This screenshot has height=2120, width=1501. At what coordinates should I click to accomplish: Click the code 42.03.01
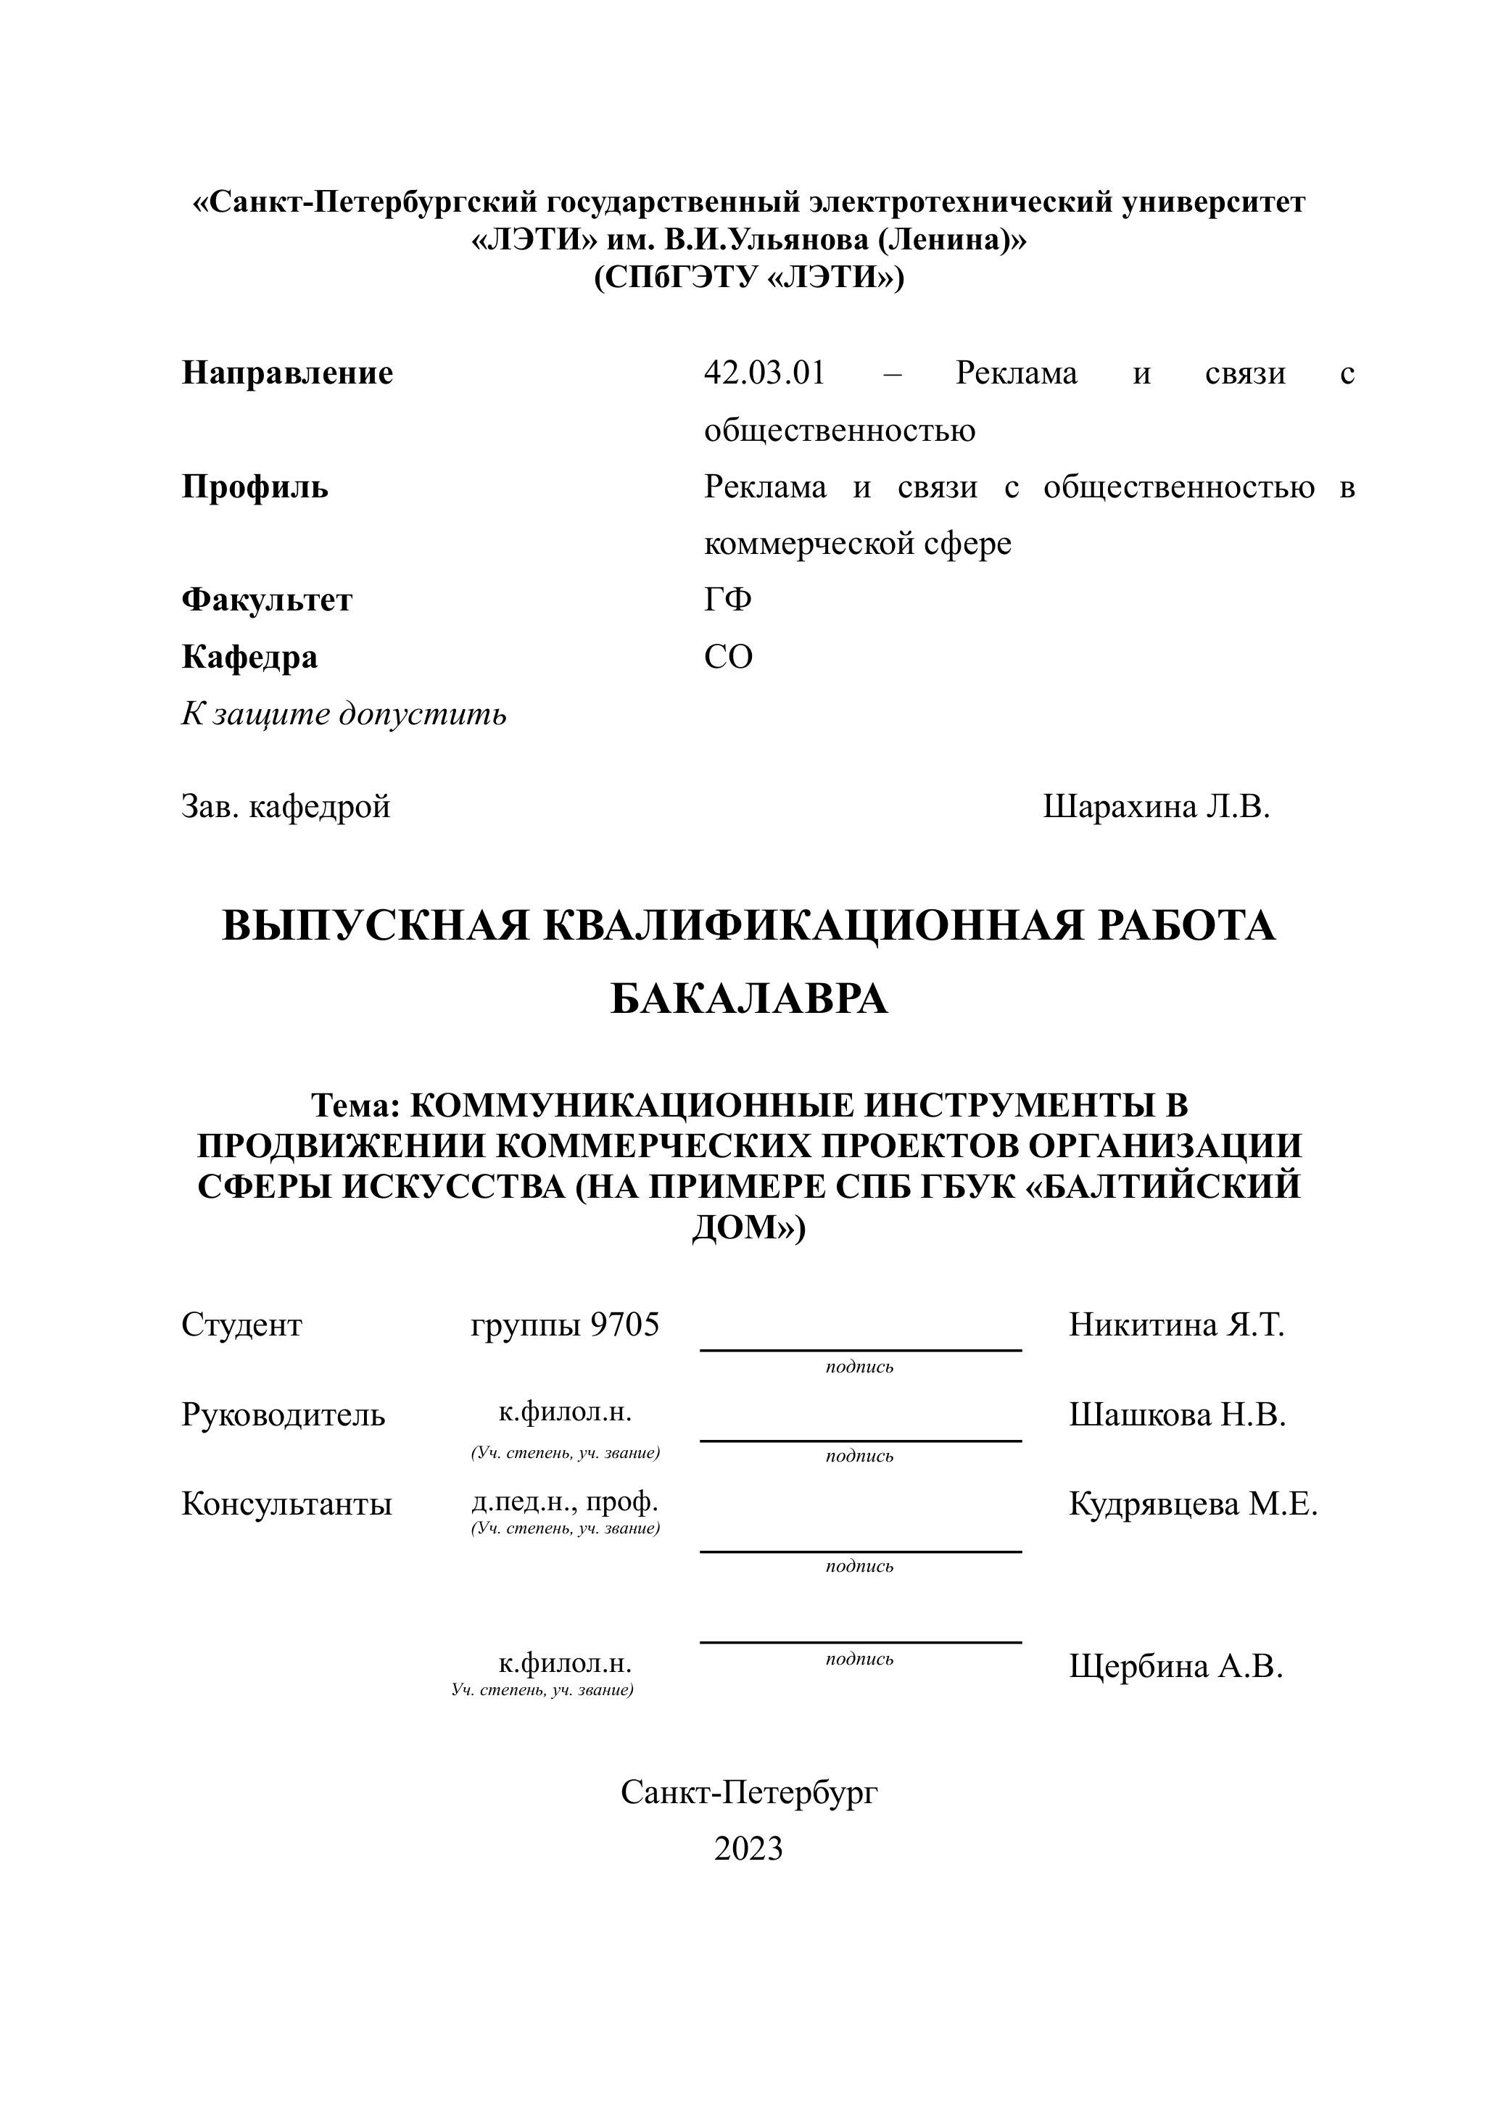click(x=764, y=373)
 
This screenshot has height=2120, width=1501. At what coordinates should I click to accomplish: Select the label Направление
click(x=287, y=373)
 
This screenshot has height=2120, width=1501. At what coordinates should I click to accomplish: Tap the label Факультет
click(x=266, y=601)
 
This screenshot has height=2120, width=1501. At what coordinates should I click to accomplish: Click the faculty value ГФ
click(x=727, y=601)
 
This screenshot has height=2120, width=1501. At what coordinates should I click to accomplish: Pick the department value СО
click(x=728, y=657)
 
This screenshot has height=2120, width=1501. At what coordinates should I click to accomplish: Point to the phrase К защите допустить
click(x=344, y=714)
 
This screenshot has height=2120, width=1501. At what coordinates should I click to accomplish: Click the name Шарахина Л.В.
click(x=1157, y=807)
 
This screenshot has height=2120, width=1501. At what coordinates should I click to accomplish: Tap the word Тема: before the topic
click(x=355, y=1105)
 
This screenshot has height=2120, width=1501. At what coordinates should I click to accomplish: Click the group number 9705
click(x=625, y=1325)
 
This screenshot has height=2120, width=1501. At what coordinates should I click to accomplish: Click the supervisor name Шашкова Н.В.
click(x=1178, y=1415)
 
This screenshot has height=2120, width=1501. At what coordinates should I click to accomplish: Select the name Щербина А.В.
click(x=1175, y=1666)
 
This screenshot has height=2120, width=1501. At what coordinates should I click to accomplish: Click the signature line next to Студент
click(x=861, y=1349)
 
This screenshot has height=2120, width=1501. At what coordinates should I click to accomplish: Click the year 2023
click(x=748, y=1848)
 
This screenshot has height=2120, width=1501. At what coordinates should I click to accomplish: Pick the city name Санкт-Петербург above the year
click(x=748, y=1792)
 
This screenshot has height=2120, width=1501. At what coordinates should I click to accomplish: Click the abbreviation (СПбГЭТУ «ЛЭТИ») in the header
click(x=748, y=277)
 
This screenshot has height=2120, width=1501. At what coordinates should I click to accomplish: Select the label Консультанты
click(x=286, y=1504)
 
